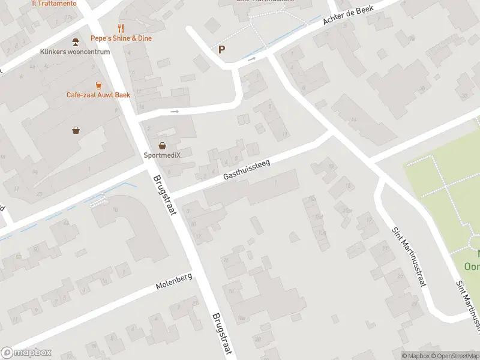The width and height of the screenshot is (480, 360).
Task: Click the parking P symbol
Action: point(222,50)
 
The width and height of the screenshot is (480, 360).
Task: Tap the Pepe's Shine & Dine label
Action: point(121,38)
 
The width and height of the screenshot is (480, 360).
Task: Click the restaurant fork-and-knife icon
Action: point(121,28)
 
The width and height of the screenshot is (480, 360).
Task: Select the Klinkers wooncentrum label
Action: point(75,52)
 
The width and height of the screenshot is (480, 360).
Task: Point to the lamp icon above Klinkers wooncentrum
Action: point(75,41)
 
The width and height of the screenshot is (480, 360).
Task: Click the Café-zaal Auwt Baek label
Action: point(98,95)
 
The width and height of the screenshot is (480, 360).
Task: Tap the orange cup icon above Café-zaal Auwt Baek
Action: point(98,85)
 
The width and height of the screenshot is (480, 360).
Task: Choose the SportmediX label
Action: point(162,155)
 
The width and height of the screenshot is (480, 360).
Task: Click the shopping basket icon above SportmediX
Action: point(162,145)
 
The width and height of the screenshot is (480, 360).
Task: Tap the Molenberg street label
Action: point(174,281)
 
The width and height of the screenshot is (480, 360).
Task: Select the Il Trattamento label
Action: point(54,3)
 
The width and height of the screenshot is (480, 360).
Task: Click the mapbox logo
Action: point(26,353)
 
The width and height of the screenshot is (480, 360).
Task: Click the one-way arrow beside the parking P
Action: point(251,58)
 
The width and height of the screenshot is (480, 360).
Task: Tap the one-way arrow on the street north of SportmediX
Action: point(175,111)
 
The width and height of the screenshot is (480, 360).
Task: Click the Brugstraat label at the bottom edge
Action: point(221,335)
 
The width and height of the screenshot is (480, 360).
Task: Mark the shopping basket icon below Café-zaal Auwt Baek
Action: point(76,130)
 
